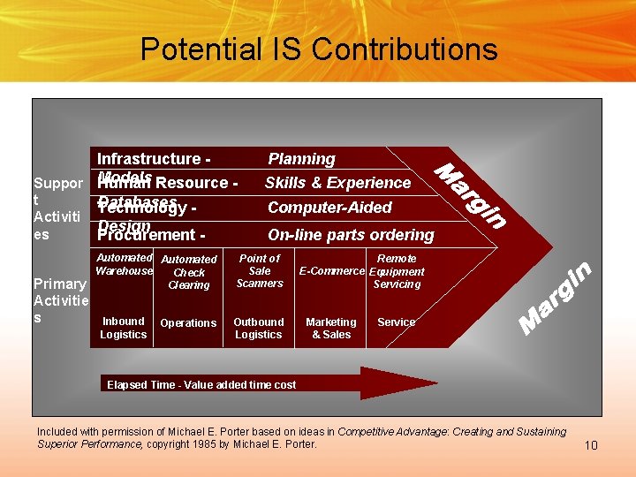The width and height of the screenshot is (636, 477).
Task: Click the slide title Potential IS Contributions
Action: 318,49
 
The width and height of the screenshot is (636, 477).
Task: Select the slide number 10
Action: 591,445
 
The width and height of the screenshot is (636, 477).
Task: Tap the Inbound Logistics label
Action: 123,328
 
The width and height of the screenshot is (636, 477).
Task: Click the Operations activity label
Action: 188,323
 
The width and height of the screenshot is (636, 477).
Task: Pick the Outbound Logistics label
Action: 259,328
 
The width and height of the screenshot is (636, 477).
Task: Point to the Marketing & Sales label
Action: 331,328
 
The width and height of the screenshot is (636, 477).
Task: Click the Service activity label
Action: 396,322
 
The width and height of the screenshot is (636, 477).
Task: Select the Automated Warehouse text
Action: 124,264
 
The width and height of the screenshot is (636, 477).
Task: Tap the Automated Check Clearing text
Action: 189,272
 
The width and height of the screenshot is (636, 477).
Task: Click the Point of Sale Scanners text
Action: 260,270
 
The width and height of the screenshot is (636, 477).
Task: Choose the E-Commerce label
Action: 332,271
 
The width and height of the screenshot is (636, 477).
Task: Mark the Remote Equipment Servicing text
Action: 397,271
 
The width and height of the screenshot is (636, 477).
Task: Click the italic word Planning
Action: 301,159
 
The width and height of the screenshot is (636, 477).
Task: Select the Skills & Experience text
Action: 337,183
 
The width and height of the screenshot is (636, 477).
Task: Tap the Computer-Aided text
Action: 329,208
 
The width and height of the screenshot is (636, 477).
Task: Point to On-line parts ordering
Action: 351,235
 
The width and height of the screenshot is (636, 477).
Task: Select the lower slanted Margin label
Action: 554,298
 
